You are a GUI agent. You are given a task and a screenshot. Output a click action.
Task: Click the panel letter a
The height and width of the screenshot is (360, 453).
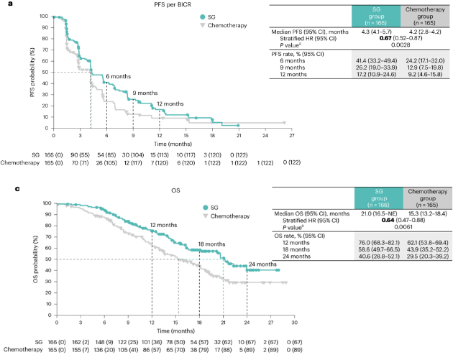tap(4, 5)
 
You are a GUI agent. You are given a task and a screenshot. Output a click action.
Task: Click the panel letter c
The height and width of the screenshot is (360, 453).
tap(4, 190)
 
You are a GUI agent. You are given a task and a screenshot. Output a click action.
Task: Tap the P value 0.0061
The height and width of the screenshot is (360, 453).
tap(390, 237)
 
